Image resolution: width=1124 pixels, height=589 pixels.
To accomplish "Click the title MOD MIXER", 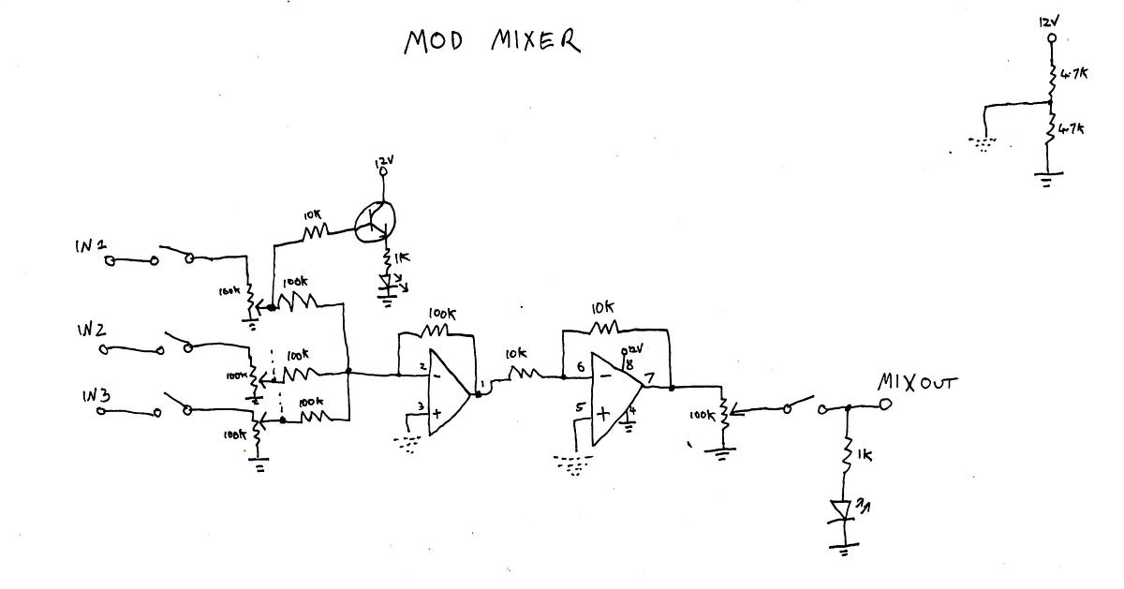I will [x=491, y=41].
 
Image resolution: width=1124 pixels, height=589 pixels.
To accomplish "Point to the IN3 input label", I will [x=96, y=396].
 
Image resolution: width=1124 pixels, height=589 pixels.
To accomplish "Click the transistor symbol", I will [x=376, y=218].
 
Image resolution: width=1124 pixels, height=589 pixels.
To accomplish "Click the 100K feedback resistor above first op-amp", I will [x=437, y=330].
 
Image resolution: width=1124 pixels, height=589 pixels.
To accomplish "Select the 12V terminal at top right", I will [x=1050, y=40].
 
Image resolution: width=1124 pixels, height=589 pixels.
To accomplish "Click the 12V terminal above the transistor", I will [x=382, y=171].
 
